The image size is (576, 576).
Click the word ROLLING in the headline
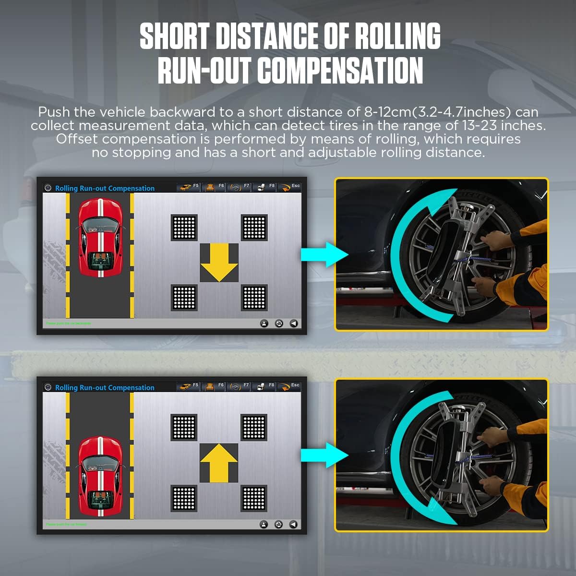[x=397, y=36]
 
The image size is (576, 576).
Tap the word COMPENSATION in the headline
[x=340, y=71]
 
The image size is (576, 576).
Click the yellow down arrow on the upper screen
[x=219, y=263]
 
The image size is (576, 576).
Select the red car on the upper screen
[x=100, y=238]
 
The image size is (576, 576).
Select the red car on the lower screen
[x=100, y=476]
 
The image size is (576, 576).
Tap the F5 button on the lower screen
[x=190, y=386]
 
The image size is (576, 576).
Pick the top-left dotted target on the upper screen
[x=184, y=227]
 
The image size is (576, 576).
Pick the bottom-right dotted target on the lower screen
[x=254, y=498]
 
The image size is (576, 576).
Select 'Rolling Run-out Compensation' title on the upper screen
[x=105, y=188]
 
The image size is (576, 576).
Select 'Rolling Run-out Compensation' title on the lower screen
[x=105, y=387]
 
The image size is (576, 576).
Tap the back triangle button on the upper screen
[x=294, y=324]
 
